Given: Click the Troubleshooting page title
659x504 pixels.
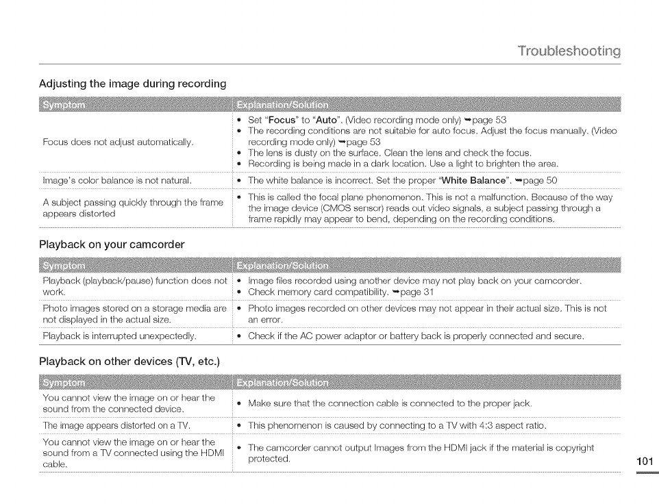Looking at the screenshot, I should pos(569,51).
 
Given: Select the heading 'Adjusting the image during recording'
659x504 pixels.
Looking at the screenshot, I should pos(132,84).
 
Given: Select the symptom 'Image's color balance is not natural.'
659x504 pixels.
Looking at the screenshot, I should pos(116,181).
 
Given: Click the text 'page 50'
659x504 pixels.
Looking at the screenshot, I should pos(538,181).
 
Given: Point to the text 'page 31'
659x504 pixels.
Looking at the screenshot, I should pos(422,293).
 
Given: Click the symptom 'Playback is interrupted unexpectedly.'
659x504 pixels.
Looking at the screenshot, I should pos(119,336).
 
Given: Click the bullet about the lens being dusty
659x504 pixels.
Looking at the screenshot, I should pos(390,153).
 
